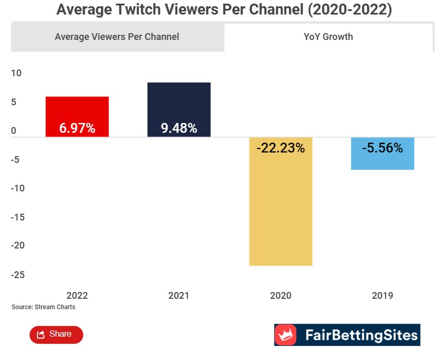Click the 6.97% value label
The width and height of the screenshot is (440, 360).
click(x=77, y=128)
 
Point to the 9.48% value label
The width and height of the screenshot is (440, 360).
click(x=178, y=128)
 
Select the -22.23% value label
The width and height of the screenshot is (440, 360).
click(x=280, y=148)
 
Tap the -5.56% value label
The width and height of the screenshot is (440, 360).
click(x=382, y=148)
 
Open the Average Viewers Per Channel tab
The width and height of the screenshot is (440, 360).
click(x=117, y=37)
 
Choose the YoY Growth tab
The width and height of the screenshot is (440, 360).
click(x=328, y=37)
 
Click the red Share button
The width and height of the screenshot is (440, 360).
click(x=56, y=335)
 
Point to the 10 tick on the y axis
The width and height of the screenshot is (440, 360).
click(x=17, y=73)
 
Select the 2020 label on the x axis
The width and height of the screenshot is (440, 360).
click(x=280, y=296)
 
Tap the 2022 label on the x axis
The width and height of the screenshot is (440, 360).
click(x=77, y=296)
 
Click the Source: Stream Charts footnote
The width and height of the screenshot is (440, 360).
click(x=43, y=307)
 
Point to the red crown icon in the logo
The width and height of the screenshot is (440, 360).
click(x=285, y=335)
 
